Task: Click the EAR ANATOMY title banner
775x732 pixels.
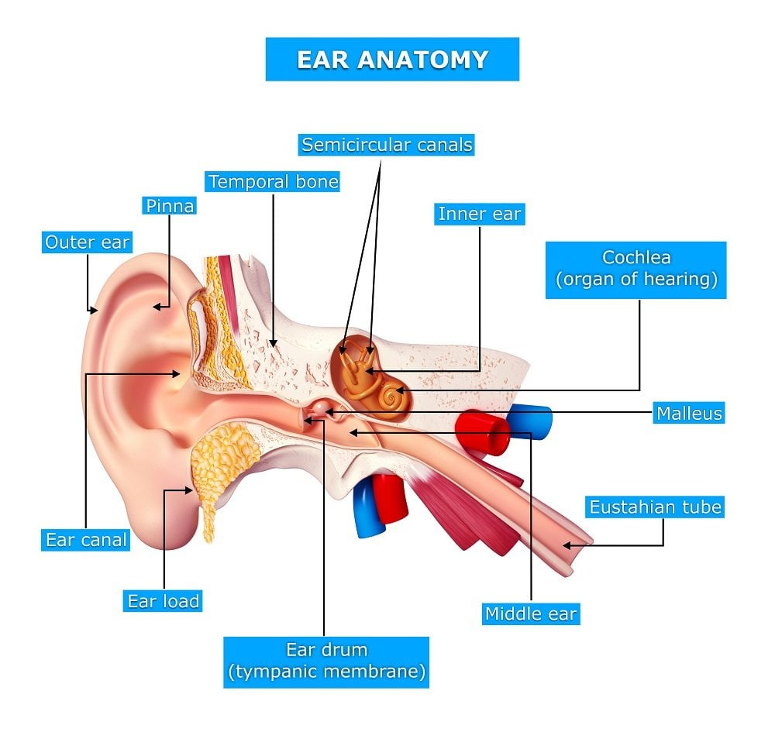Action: tap(392, 59)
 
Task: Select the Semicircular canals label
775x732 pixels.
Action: tap(387, 145)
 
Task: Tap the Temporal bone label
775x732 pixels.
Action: tap(273, 182)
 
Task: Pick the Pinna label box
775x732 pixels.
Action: tap(169, 205)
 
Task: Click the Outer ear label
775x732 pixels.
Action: tap(87, 242)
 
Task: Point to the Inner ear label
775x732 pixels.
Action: tap(480, 214)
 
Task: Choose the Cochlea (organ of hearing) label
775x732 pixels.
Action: tap(636, 269)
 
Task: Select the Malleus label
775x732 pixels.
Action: tap(689, 413)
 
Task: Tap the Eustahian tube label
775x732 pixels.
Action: tap(655, 507)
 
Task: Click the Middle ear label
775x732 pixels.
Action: tap(531, 614)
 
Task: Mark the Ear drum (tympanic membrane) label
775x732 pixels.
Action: tap(326, 661)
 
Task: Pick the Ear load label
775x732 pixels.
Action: tap(164, 600)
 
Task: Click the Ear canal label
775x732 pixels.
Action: tap(85, 540)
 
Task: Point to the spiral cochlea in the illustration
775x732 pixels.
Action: tap(390, 398)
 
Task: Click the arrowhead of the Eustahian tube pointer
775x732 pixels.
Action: tap(565, 545)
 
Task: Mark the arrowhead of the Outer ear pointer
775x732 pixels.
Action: tap(95, 311)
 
